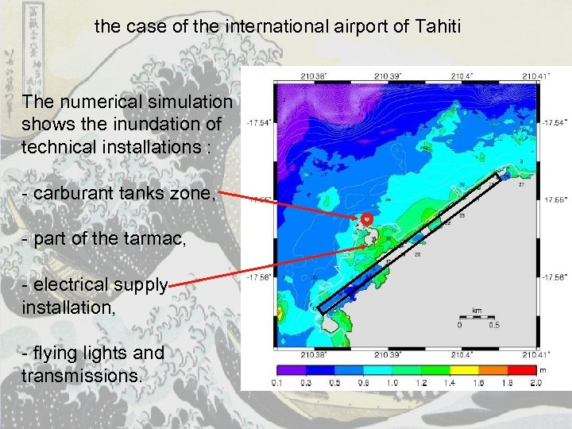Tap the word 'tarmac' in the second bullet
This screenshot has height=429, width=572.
coord(158,236)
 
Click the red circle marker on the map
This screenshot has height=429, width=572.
coord(367,218)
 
